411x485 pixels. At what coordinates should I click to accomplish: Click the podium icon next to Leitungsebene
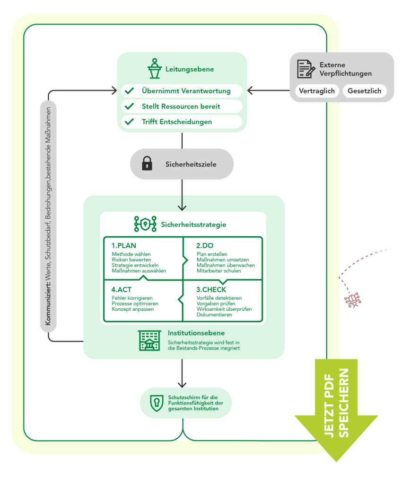coord(154,69)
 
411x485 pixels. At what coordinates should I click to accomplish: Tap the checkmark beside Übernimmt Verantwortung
coord(129,91)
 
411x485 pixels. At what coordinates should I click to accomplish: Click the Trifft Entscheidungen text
coord(176,122)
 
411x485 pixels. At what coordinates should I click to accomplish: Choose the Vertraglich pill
coord(317,91)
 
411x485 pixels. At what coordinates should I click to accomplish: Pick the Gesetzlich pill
coord(364,91)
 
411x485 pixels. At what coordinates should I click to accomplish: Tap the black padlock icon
coord(148,164)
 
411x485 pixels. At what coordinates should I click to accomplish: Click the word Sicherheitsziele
coord(191,164)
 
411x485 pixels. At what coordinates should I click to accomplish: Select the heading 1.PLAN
coord(124,246)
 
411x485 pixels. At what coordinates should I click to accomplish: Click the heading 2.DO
coord(206,246)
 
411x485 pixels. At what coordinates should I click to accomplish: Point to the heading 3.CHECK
coord(211,289)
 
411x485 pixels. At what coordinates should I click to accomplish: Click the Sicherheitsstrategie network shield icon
coord(145,224)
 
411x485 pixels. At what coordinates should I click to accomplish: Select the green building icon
coord(149,340)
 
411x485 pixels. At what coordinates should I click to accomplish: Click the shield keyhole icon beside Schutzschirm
coord(156,403)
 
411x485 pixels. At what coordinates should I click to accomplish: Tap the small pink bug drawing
coord(353,300)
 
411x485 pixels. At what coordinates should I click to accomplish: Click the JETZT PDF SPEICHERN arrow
coord(337,407)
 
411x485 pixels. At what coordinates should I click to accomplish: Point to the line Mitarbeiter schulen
coord(219,271)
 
